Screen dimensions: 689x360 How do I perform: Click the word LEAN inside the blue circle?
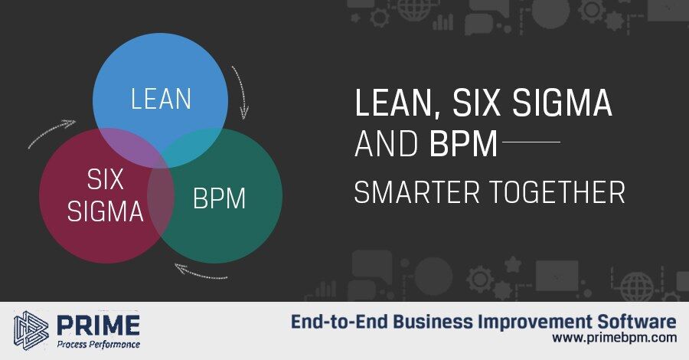pyautogui.click(x=162, y=99)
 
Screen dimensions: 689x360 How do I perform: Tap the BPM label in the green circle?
pyautogui.click(x=219, y=198)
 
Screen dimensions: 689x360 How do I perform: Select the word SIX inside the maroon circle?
pyautogui.click(x=106, y=179)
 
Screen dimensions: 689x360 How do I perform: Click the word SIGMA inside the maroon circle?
pyautogui.click(x=106, y=211)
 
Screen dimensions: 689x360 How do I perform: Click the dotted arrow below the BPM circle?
pyautogui.click(x=201, y=273)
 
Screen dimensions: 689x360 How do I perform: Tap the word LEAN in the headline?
pyautogui.click(x=393, y=103)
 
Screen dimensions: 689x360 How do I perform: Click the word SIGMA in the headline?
pyautogui.click(x=563, y=102)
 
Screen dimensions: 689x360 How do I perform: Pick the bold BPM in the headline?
pyautogui.click(x=463, y=144)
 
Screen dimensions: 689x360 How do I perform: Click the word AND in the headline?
pyautogui.click(x=387, y=144)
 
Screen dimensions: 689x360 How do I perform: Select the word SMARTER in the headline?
pyautogui.click(x=416, y=192)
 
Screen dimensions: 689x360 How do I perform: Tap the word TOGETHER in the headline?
pyautogui.click(x=557, y=192)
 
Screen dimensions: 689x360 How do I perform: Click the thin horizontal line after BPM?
pyautogui.click(x=531, y=142)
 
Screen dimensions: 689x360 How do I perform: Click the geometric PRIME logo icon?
pyautogui.click(x=31, y=330)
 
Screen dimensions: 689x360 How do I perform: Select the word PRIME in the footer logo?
pyautogui.click(x=99, y=326)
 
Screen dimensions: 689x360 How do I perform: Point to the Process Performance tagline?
pyautogui.click(x=99, y=344)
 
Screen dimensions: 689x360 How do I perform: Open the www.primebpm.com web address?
pyautogui.click(x=614, y=338)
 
